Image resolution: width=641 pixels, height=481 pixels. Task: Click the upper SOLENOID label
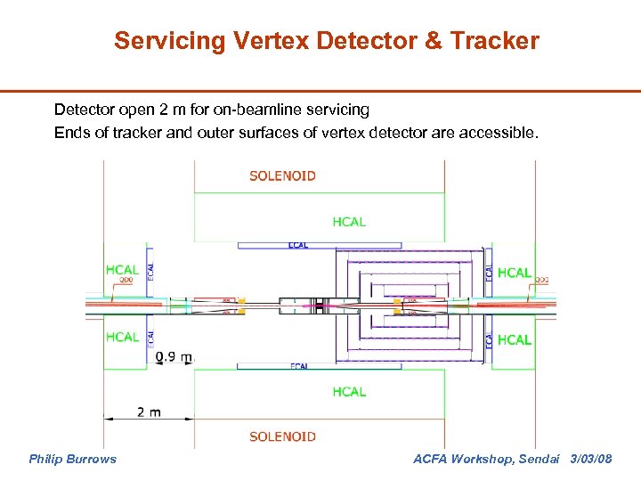click(x=282, y=175)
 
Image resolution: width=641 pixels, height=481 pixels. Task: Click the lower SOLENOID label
click(x=282, y=436)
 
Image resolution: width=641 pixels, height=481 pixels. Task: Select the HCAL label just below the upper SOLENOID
click(x=349, y=222)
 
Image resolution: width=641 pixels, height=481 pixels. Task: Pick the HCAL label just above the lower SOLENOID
click(x=349, y=392)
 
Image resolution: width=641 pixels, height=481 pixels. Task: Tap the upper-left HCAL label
click(x=122, y=270)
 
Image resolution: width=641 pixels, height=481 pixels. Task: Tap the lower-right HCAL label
click(x=515, y=340)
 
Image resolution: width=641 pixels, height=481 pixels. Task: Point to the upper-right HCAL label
click(x=515, y=273)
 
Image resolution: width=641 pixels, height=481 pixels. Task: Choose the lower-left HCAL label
click(x=122, y=337)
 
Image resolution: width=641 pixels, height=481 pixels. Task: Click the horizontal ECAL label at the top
click(x=298, y=245)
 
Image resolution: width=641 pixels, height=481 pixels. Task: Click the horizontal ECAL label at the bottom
click(x=298, y=366)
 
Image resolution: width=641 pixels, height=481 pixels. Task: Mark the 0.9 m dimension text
click(x=174, y=357)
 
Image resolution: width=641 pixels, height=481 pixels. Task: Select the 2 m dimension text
click(x=149, y=412)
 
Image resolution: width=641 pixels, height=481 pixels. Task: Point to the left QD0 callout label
click(x=124, y=281)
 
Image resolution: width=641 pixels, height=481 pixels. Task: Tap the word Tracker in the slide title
click(x=496, y=41)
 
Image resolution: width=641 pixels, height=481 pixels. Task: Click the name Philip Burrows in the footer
click(x=72, y=459)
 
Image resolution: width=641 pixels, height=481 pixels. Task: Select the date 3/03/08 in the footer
click(x=590, y=459)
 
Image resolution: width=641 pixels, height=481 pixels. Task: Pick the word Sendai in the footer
click(x=538, y=459)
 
